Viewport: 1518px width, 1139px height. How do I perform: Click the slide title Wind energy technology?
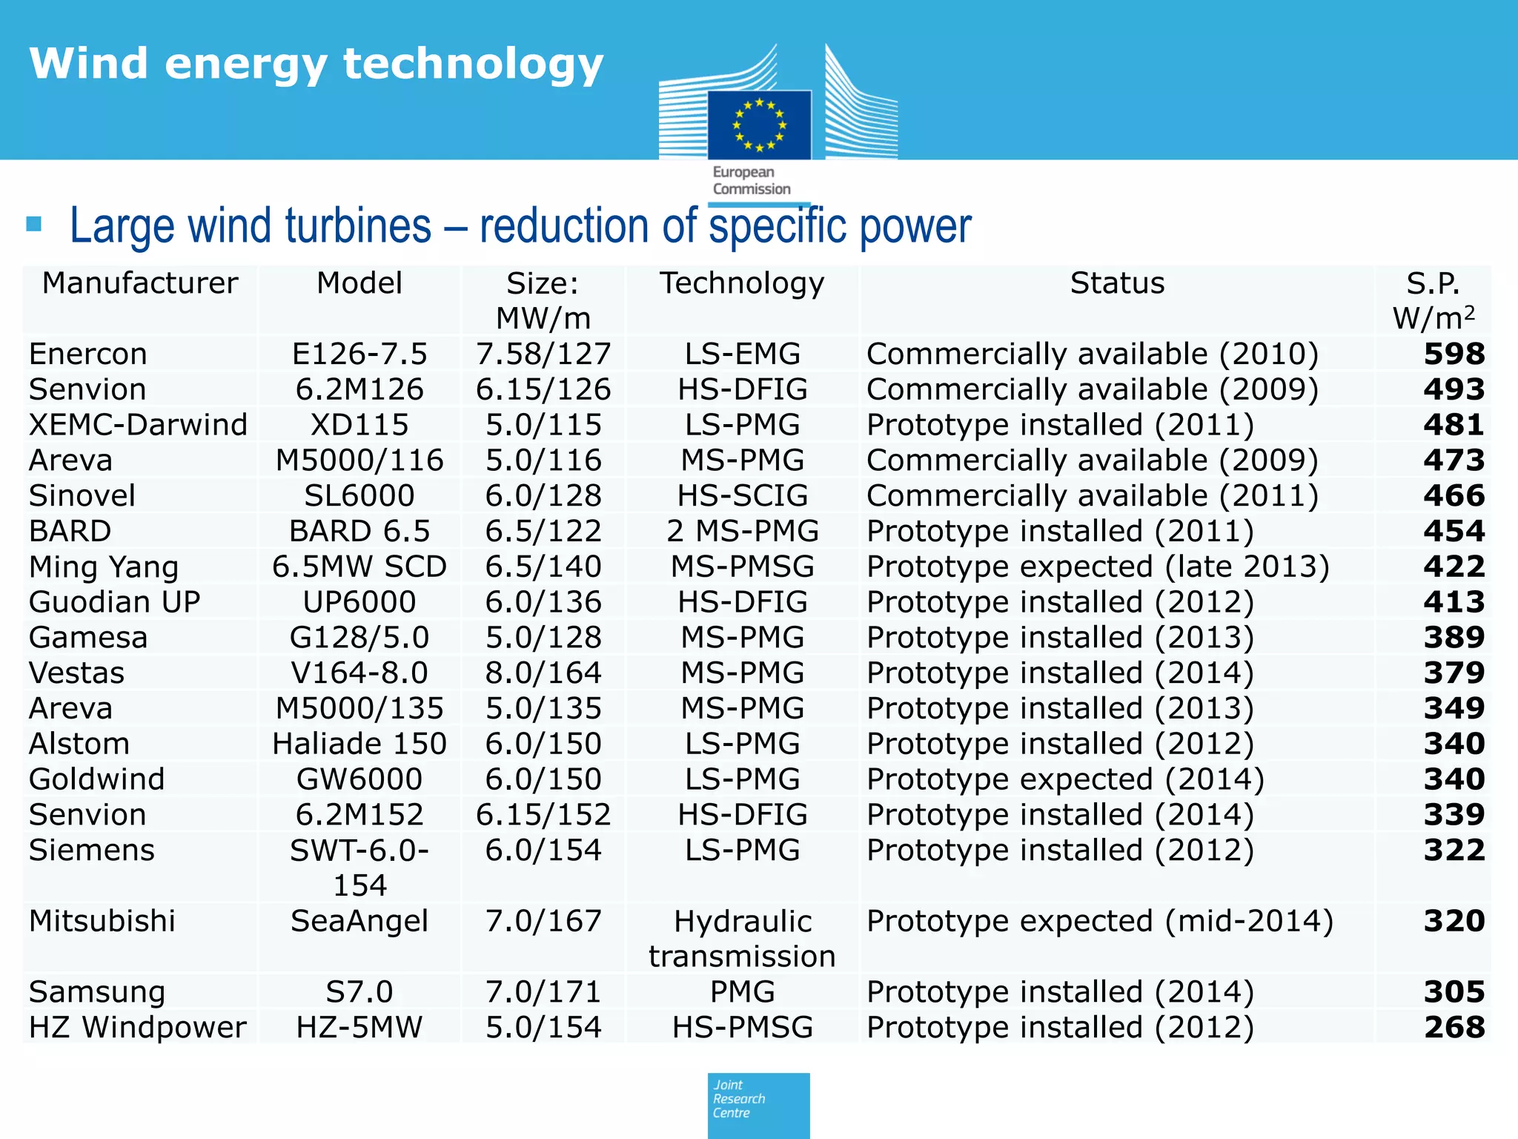click(x=316, y=64)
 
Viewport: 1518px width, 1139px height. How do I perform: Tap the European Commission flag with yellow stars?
click(x=759, y=125)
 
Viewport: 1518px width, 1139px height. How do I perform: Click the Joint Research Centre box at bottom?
click(x=758, y=1105)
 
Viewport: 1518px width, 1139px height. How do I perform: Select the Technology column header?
click(x=742, y=283)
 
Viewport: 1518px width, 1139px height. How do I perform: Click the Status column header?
click(x=1117, y=283)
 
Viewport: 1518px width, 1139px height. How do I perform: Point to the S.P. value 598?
click(x=1454, y=354)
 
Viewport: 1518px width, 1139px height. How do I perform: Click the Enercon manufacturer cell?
click(x=88, y=354)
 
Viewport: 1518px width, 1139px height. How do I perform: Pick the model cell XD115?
click(x=359, y=425)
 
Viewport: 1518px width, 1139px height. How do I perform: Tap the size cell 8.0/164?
click(x=543, y=673)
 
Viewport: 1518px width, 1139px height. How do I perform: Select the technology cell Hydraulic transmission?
click(x=742, y=938)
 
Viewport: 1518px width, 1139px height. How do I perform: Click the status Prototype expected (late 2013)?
click(x=1098, y=567)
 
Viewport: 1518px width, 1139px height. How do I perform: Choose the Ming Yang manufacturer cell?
click(x=104, y=567)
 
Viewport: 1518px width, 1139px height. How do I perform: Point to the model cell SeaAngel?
click(x=359, y=921)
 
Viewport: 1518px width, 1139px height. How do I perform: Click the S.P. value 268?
click(x=1454, y=1027)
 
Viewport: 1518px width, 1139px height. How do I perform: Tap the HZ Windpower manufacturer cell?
click(x=137, y=1027)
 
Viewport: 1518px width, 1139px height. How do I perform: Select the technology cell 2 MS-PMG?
click(x=742, y=531)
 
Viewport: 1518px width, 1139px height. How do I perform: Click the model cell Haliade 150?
click(x=359, y=744)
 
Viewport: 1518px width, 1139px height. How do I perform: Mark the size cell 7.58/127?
click(x=543, y=354)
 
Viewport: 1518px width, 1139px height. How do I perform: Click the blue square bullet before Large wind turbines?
click(x=34, y=224)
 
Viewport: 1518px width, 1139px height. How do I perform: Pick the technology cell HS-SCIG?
click(x=742, y=495)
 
